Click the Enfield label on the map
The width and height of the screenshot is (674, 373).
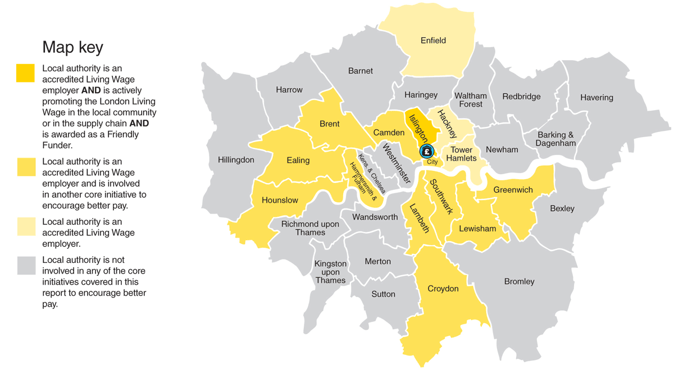pos(433,40)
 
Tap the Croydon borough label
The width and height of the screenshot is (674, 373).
pos(443,289)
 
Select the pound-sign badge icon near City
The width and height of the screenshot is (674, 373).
pos(427,151)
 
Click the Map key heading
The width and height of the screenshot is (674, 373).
pos(72,47)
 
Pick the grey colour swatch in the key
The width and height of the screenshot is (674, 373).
pos(26,266)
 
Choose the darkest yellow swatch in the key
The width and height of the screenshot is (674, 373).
pos(26,73)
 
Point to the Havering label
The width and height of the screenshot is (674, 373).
pos(596,98)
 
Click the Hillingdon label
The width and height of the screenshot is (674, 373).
pos(236,160)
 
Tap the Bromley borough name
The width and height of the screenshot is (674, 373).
pos(519,281)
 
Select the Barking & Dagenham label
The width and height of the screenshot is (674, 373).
pos(555,139)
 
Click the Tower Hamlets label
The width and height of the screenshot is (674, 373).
pos(461,154)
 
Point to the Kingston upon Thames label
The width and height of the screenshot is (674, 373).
pos(330,272)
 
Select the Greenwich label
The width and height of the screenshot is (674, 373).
pos(513,190)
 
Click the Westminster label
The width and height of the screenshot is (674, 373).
pos(396,165)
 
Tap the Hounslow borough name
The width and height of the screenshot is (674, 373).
pos(280,200)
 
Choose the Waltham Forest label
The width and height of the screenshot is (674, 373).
pos(471,100)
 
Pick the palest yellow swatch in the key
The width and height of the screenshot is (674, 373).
pos(26,226)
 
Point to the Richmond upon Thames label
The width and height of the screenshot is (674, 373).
pos(310,228)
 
